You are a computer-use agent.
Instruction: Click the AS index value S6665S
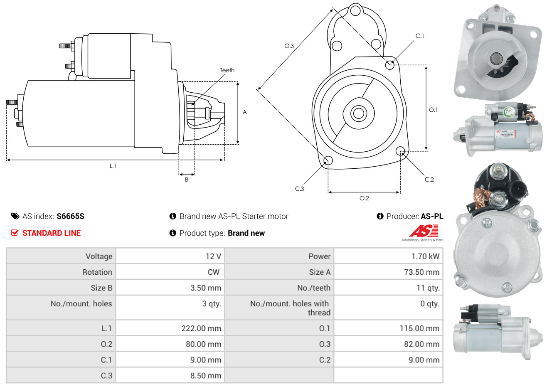(x=70, y=216)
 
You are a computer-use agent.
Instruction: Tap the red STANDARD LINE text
(x=51, y=233)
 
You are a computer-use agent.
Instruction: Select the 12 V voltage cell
(x=213, y=256)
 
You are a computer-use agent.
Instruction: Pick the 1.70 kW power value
(x=425, y=256)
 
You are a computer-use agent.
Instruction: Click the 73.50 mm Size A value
(x=421, y=272)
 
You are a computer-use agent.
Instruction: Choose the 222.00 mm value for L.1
(x=201, y=328)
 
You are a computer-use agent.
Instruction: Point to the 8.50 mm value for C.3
(x=205, y=376)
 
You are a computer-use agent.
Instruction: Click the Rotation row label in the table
(x=97, y=272)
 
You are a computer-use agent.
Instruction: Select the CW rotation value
(x=213, y=272)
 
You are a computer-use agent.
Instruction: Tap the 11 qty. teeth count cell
(x=429, y=288)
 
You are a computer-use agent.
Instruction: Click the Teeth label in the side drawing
(x=227, y=70)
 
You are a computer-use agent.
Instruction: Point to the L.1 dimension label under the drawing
(x=113, y=166)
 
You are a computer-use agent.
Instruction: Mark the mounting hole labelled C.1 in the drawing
(x=389, y=64)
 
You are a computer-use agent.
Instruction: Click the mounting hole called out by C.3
(x=328, y=160)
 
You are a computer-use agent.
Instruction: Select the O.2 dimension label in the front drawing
(x=364, y=198)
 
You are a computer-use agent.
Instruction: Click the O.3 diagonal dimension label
(x=289, y=46)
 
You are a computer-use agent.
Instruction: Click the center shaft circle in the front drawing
(x=358, y=113)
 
